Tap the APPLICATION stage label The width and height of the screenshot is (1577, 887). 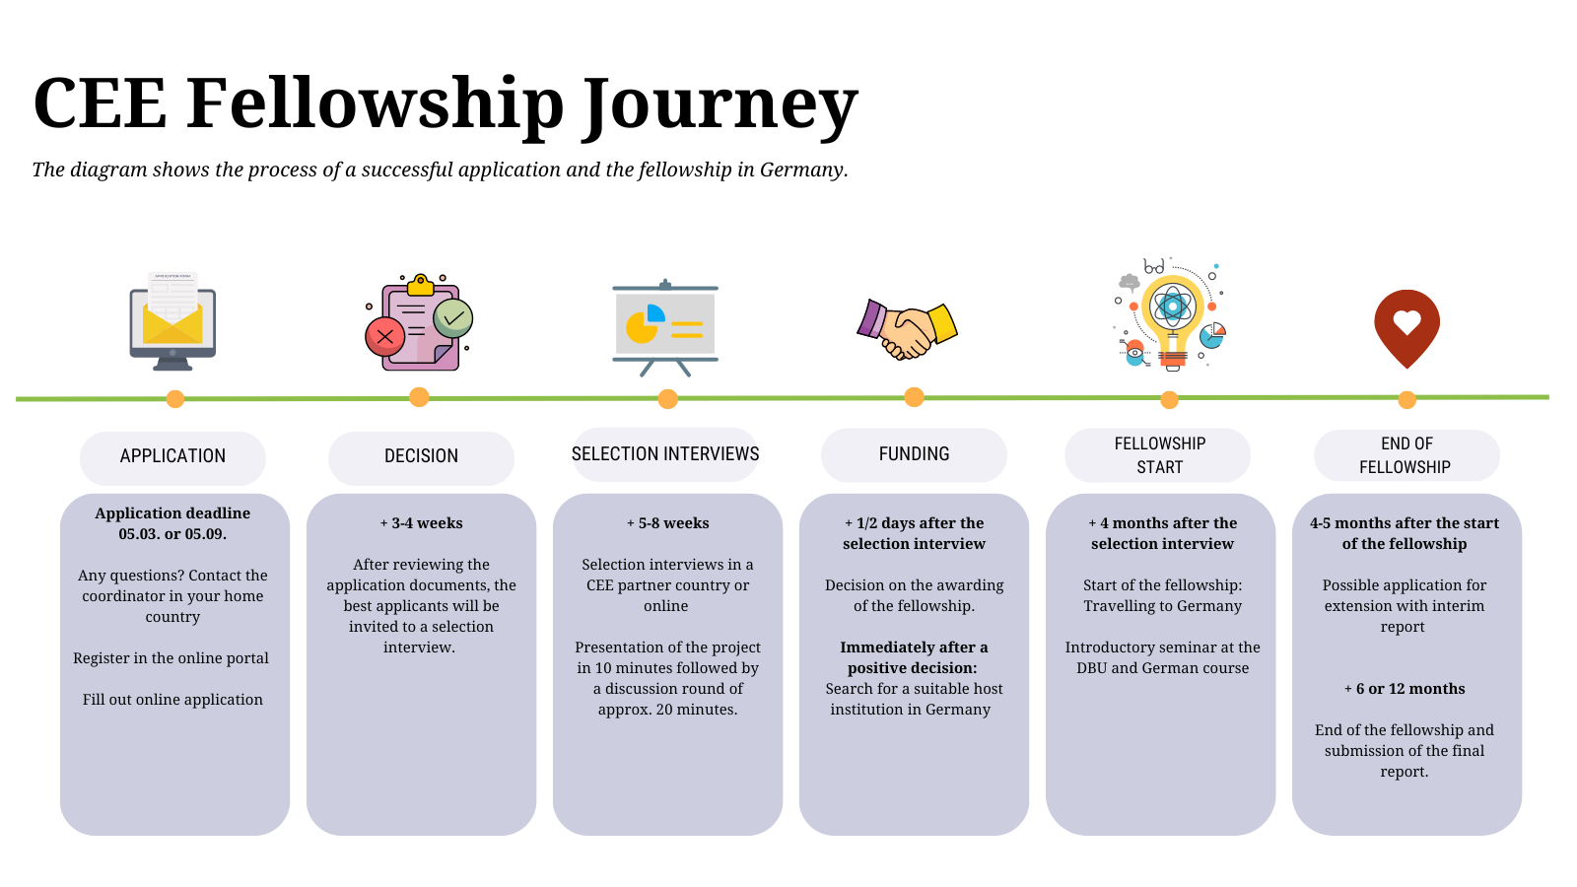(x=172, y=456)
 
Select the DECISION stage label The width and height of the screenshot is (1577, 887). (x=421, y=456)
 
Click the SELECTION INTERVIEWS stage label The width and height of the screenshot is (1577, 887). (x=665, y=454)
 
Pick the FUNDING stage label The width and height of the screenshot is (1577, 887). (x=914, y=454)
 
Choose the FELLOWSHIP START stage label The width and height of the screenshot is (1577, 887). (x=1159, y=455)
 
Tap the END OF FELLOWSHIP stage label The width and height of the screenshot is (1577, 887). (x=1406, y=455)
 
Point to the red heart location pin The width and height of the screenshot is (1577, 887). (x=1406, y=329)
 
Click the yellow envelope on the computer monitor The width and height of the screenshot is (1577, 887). (x=172, y=324)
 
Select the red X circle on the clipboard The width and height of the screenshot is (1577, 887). (x=385, y=336)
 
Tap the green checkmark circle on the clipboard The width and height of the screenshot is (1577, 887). (x=452, y=318)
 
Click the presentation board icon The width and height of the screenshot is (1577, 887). (x=665, y=328)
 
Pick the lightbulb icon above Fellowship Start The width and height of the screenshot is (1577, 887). (x=1172, y=315)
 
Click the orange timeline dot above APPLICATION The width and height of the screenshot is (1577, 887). (x=175, y=399)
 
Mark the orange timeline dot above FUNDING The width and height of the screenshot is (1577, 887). (x=914, y=397)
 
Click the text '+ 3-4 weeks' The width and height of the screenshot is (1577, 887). (x=421, y=523)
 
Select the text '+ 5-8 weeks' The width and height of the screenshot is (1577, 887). (x=667, y=523)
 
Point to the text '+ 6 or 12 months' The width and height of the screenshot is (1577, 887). (x=1405, y=689)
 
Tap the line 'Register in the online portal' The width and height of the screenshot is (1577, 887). (x=171, y=658)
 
